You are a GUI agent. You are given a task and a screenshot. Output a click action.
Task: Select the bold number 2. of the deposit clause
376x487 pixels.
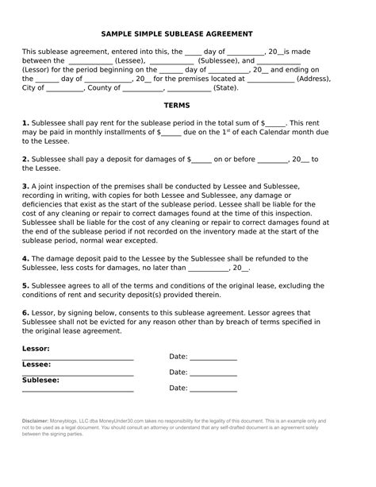click(x=25, y=159)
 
